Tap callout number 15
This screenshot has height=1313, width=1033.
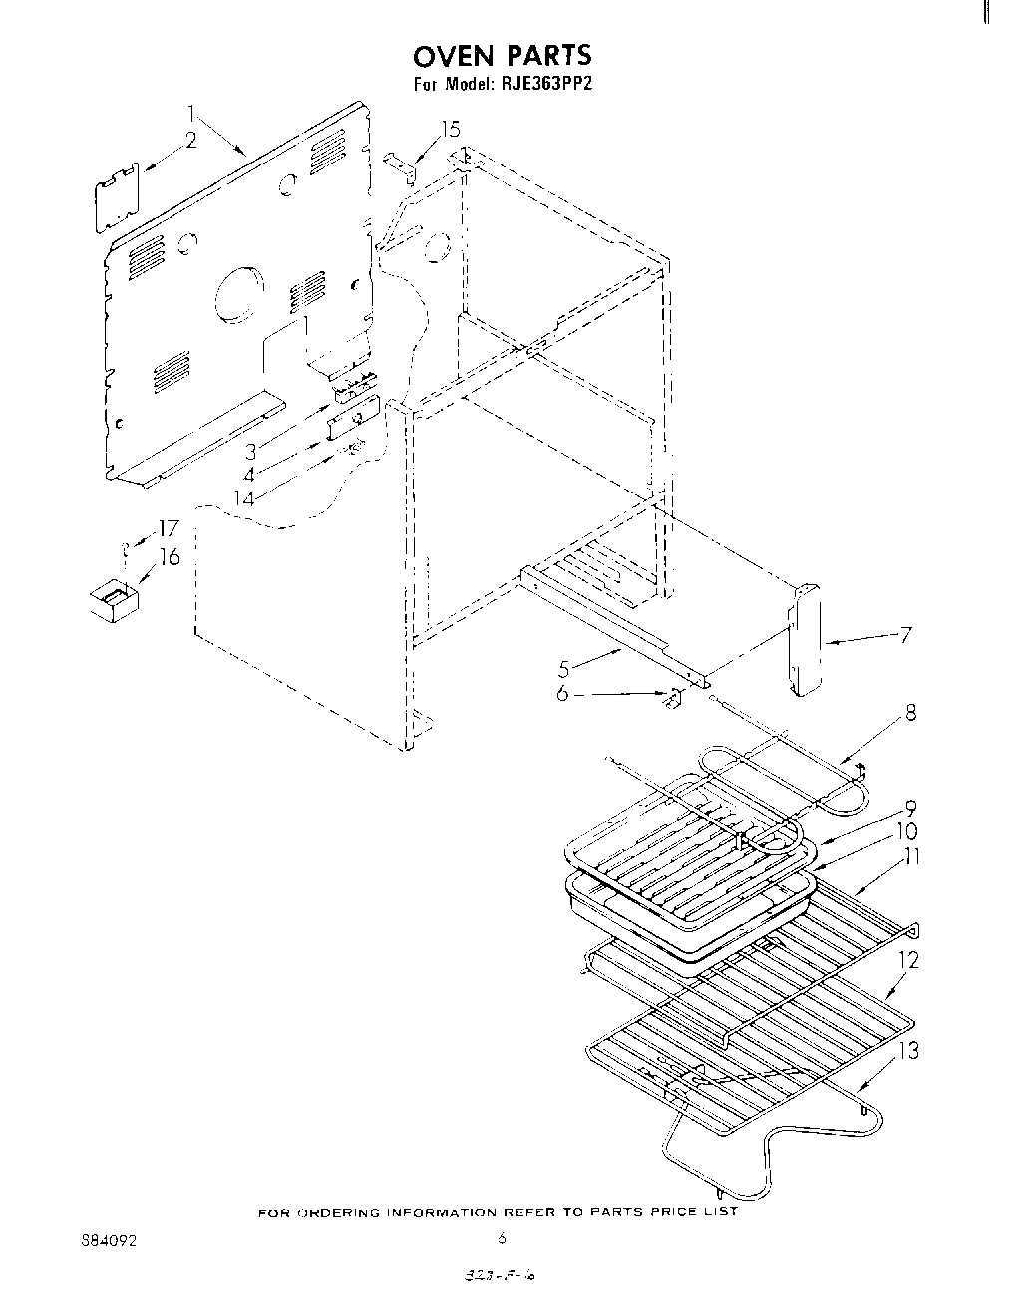[451, 129]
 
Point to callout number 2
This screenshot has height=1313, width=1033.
[190, 142]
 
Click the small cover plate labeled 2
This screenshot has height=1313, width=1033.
[118, 199]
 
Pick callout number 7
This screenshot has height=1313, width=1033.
[904, 634]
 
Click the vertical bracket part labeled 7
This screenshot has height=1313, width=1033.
[806, 638]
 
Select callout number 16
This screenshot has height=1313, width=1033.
[170, 557]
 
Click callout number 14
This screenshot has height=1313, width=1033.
[243, 495]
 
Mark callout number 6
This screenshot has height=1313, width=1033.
[562, 693]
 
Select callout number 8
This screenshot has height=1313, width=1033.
[909, 713]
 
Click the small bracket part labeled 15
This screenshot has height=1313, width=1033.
[401, 165]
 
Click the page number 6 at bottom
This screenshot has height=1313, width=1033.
[503, 1239]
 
